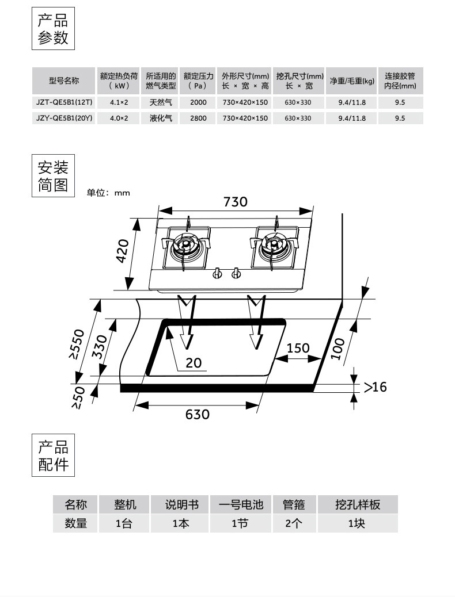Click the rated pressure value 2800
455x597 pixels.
coord(198,118)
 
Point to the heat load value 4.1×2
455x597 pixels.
coord(119,102)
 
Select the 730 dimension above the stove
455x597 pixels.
coord(235,202)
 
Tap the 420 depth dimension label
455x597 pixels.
coord(123,251)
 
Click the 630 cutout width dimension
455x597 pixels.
coord(197,414)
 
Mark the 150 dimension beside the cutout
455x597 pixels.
coord(298,348)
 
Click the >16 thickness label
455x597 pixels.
coord(375,387)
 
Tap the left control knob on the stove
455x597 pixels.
coord(218,274)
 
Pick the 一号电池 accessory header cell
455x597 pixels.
coord(241,505)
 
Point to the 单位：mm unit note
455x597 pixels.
coord(108,193)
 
